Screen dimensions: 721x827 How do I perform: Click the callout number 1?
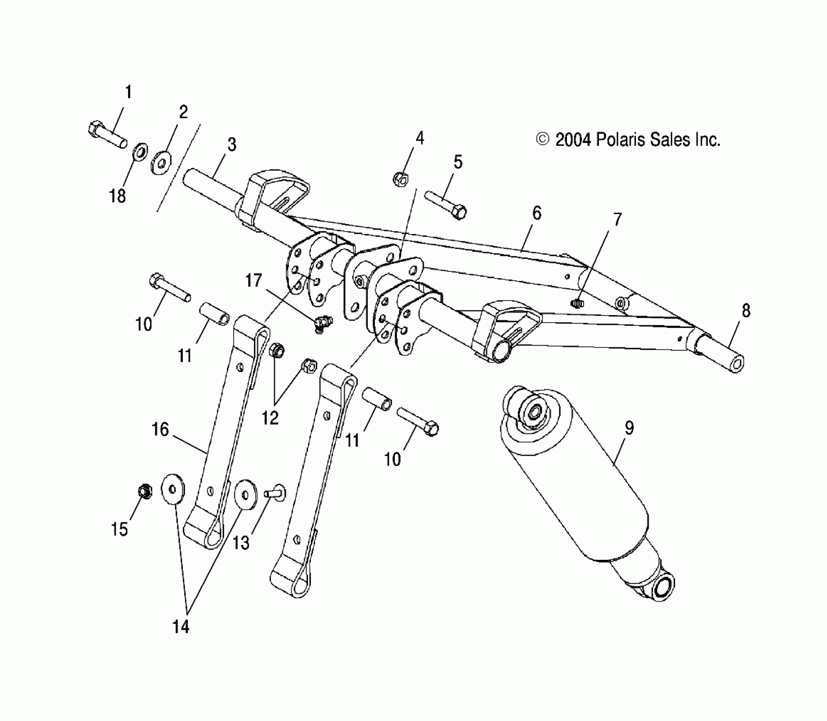128,92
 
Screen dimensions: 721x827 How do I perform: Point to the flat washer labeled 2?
162,161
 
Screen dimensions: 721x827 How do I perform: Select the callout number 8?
746,311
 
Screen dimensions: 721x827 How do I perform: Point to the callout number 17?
254,281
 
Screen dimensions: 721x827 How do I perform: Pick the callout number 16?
160,430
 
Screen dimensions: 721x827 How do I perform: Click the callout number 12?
270,418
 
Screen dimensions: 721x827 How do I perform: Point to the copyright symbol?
542,139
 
